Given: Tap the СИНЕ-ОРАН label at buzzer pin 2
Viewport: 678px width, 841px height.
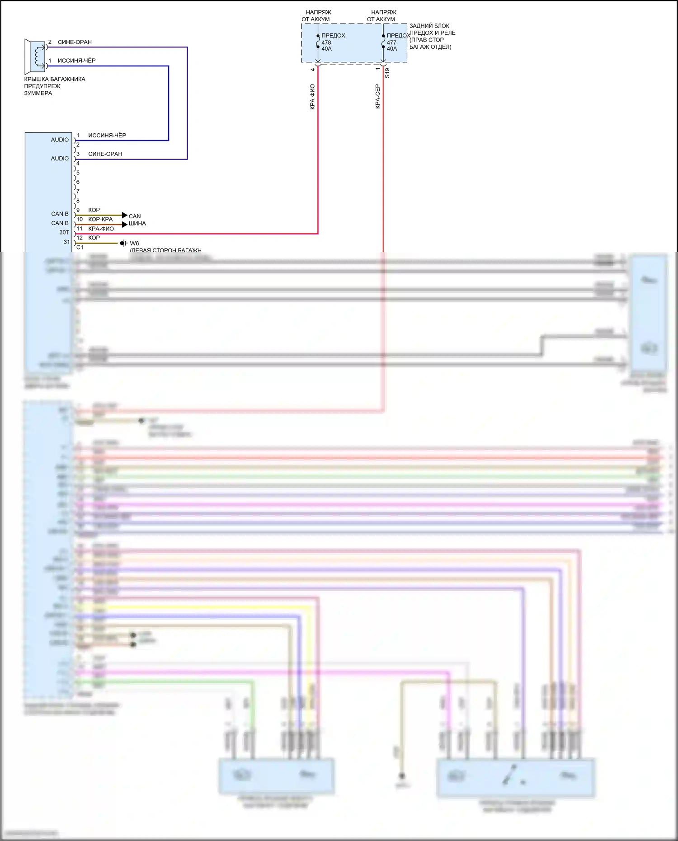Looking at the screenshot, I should tap(75, 42).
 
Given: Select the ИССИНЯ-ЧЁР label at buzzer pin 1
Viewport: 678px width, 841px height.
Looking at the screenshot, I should tap(76, 61).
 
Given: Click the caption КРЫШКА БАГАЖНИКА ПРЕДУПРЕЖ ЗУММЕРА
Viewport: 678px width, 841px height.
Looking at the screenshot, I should tap(54, 86).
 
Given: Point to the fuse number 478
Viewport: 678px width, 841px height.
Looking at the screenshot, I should tap(326, 42).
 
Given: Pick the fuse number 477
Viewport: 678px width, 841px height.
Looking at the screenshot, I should tap(391, 42).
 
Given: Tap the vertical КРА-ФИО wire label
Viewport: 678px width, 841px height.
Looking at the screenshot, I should tap(312, 97).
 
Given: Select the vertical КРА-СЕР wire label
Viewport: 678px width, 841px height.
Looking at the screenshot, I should tap(377, 96).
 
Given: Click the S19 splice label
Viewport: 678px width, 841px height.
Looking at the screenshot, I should tap(387, 73).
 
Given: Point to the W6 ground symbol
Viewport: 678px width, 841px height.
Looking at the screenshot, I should tap(123, 243).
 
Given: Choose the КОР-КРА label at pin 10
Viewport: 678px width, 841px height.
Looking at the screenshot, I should tap(100, 219).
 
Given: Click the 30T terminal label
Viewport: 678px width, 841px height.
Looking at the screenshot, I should tap(64, 232).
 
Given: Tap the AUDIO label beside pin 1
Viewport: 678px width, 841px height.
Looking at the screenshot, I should tap(60, 140).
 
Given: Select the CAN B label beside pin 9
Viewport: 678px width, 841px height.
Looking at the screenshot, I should tap(60, 214).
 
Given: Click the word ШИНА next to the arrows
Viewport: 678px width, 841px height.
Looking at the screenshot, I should tap(137, 223).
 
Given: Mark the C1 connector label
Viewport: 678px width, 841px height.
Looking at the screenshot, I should tap(80, 247).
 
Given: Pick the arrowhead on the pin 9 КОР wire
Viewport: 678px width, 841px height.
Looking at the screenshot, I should tap(125, 215).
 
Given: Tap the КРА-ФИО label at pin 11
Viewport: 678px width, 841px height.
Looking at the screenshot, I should tap(101, 229).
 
